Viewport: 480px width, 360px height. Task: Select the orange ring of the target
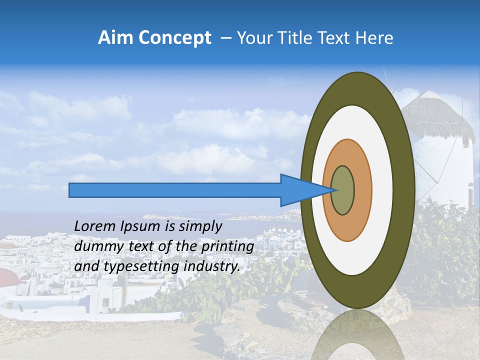pos(363,190)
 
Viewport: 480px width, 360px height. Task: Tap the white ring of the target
pos(382,190)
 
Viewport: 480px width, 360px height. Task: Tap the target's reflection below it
pos(357,335)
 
